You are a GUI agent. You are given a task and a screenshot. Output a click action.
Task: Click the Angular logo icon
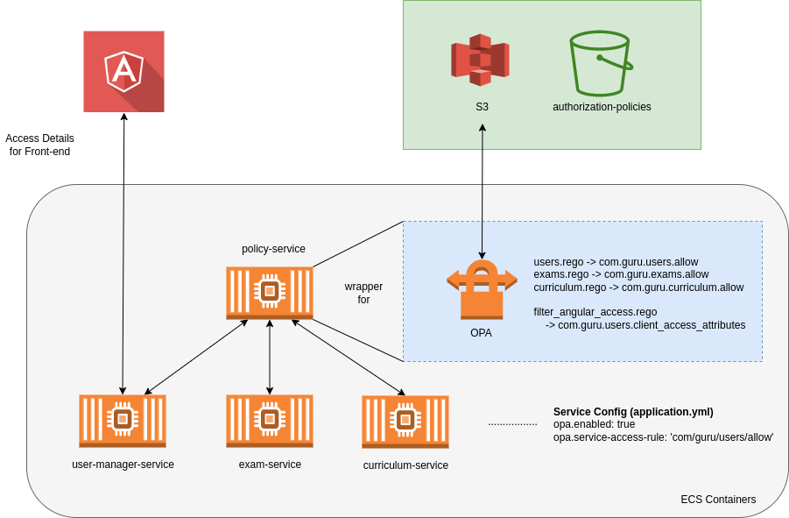[x=123, y=71]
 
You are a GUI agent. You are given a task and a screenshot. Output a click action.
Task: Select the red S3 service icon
[x=480, y=60]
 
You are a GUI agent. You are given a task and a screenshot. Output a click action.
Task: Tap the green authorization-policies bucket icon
[x=601, y=63]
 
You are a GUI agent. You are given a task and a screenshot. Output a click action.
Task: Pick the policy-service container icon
[x=270, y=293]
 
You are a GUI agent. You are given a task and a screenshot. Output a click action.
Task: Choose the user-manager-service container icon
[x=123, y=421]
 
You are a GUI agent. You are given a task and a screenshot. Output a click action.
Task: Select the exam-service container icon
[x=270, y=421]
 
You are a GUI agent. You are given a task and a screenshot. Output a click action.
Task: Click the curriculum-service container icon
[x=405, y=422]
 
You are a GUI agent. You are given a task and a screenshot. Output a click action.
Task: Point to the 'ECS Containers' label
[x=718, y=500]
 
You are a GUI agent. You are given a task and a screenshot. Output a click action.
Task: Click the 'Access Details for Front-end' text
[x=39, y=145]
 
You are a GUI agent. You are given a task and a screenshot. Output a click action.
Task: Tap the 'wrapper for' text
[x=363, y=293]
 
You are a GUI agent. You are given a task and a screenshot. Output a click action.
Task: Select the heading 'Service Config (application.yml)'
[x=633, y=412]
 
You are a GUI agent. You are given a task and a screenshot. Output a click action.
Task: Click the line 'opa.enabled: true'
[x=595, y=424]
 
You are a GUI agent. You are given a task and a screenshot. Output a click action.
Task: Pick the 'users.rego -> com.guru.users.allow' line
[x=616, y=261]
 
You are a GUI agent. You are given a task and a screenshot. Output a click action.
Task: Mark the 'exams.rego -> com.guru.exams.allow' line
[x=621, y=274]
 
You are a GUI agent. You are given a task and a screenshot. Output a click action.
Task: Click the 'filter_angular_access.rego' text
[x=595, y=312]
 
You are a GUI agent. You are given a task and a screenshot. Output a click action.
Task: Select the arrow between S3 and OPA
[x=483, y=193]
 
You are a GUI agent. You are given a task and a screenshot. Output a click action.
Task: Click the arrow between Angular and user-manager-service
[x=123, y=254]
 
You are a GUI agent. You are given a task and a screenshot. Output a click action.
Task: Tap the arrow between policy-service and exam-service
[x=270, y=358]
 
